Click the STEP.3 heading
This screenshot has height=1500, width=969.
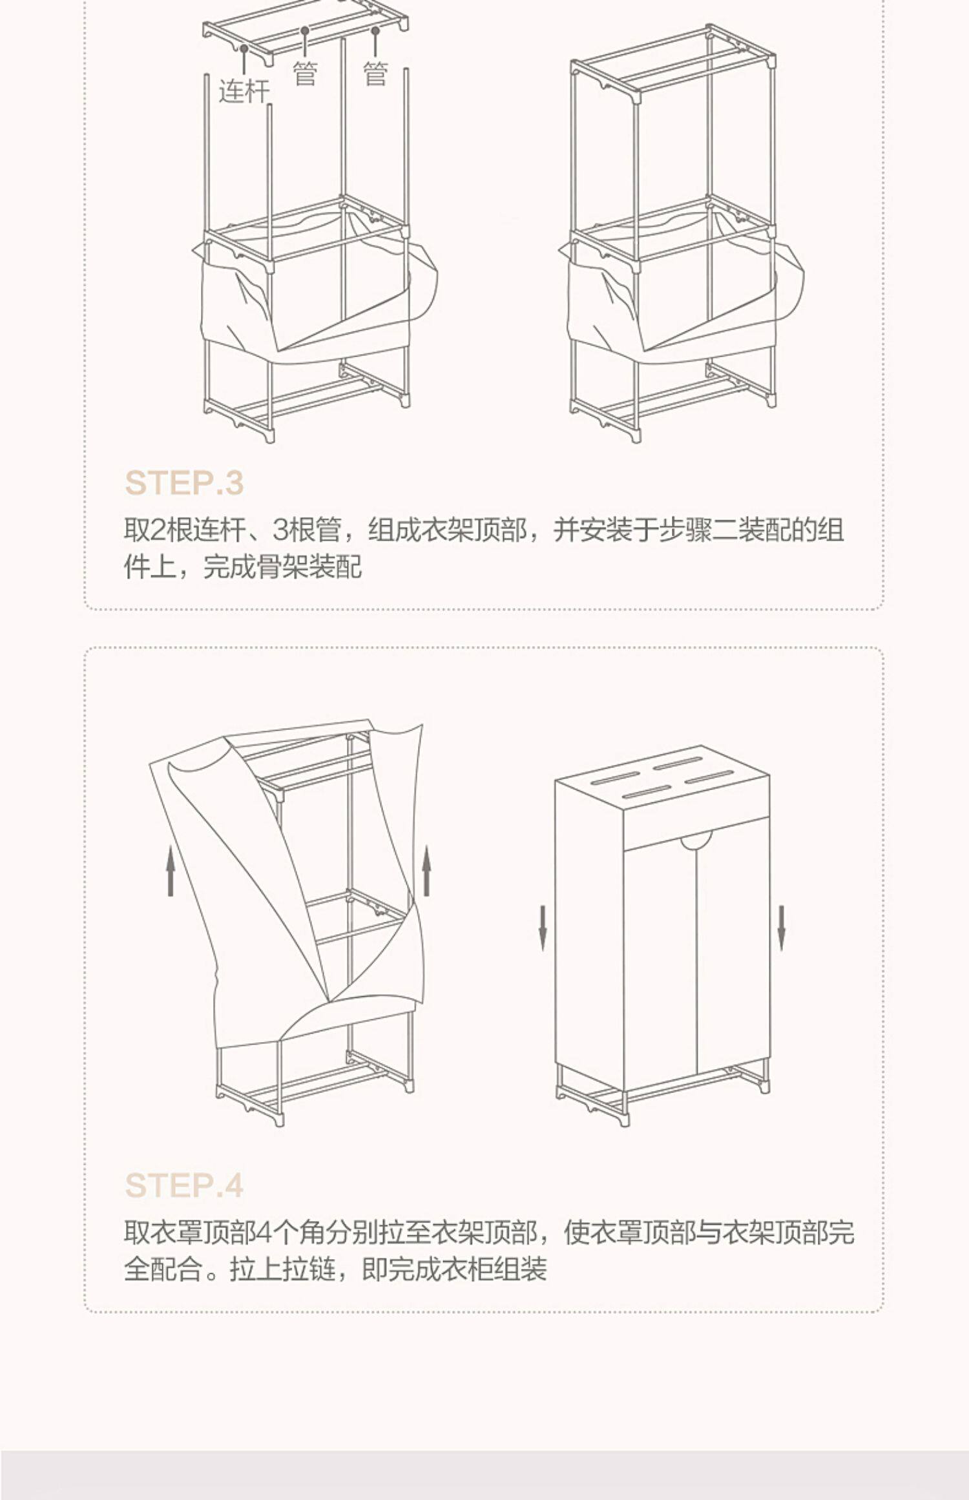pyautogui.click(x=184, y=483)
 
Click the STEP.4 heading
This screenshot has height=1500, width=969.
pyautogui.click(x=184, y=1185)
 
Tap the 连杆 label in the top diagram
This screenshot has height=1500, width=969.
pyautogui.click(x=244, y=91)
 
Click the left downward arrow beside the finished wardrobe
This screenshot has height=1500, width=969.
pyautogui.click(x=543, y=928)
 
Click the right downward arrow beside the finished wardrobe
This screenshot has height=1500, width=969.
pyautogui.click(x=781, y=928)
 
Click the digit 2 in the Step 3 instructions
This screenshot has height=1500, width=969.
pyautogui.click(x=158, y=531)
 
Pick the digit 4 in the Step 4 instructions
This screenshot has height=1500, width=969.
pyautogui.click(x=264, y=1233)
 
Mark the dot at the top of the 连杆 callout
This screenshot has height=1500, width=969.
pyautogui.click(x=244, y=48)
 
